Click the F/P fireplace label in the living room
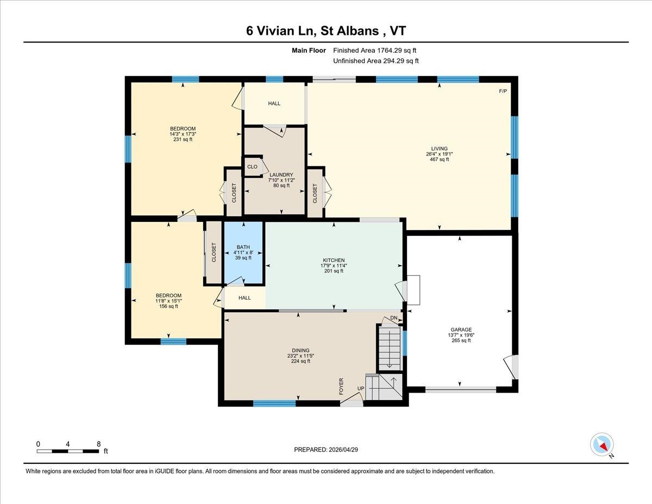pyautogui.click(x=503, y=91)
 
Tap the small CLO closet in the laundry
pyautogui.click(x=252, y=167)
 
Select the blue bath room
pyautogui.click(x=244, y=252)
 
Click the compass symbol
pyautogui.click(x=601, y=444)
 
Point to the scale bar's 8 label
pyautogui.click(x=98, y=444)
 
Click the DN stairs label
pyautogui.click(x=394, y=318)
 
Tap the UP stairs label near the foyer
pyautogui.click(x=360, y=389)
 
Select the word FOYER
pyautogui.click(x=342, y=385)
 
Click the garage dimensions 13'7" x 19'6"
pyautogui.click(x=461, y=335)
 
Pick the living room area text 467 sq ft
pyautogui.click(x=439, y=159)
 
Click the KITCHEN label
pyautogui.click(x=334, y=260)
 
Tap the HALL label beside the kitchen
pyautogui.click(x=244, y=298)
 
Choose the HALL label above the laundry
pyautogui.click(x=274, y=103)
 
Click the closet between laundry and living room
pyautogui.click(x=315, y=192)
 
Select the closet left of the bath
pyautogui.click(x=214, y=252)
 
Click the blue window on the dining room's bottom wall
pyautogui.click(x=274, y=403)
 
